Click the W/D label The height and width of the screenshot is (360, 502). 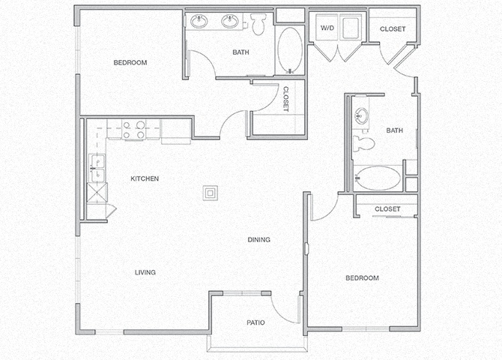[x=327, y=28]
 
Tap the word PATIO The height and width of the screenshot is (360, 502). [x=255, y=322]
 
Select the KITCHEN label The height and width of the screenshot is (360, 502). [x=145, y=178]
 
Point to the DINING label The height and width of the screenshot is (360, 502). [x=259, y=240]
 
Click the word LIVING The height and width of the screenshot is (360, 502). [x=145, y=272]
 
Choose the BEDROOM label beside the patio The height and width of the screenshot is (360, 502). [x=362, y=278]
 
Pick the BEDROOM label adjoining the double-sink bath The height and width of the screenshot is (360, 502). [x=130, y=62]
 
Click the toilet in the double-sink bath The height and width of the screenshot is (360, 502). [x=259, y=25]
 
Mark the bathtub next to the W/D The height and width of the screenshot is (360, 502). [x=289, y=49]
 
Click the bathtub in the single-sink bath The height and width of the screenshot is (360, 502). [x=377, y=178]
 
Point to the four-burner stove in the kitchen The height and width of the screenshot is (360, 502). [x=133, y=130]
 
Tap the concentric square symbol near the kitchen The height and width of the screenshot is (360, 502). [x=212, y=193]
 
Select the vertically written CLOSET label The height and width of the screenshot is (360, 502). [x=285, y=99]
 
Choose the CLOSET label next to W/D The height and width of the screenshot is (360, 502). [x=393, y=29]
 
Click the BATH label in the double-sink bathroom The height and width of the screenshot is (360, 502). [x=241, y=73]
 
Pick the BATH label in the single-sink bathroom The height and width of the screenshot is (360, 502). [x=394, y=130]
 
